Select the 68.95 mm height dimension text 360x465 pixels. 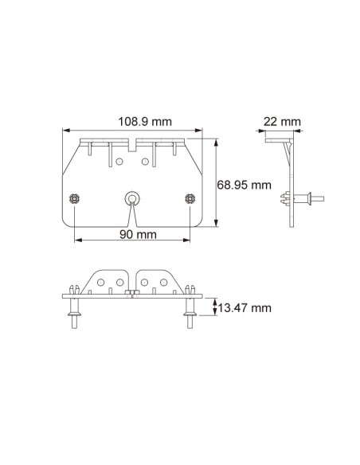(243, 185)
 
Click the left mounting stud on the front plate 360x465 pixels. (74, 197)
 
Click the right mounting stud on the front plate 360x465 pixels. (189, 197)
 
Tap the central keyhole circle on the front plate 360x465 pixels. (131, 196)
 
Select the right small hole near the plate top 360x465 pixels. (145, 162)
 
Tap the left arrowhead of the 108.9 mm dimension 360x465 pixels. (65, 131)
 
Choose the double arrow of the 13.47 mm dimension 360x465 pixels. (213, 307)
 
